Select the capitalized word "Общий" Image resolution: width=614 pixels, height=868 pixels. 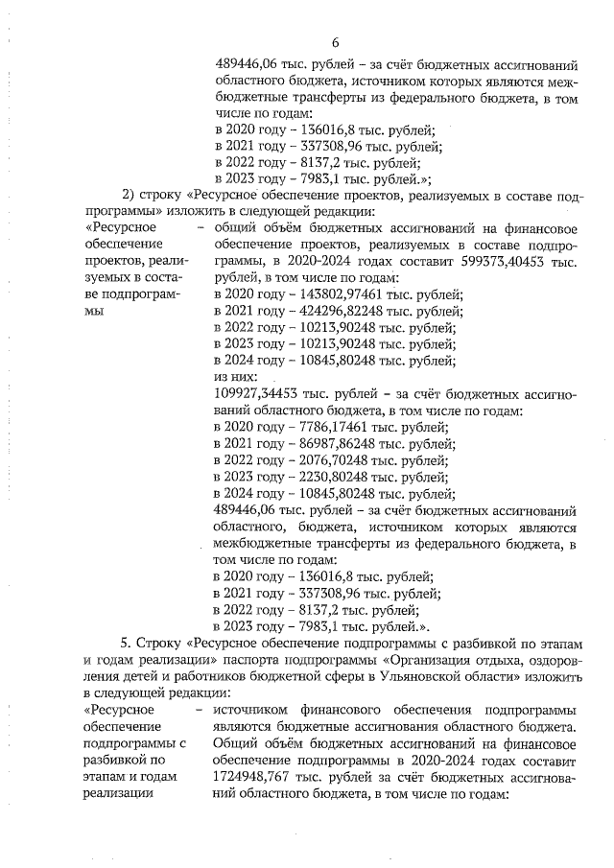pyautogui.click(x=231, y=743)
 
